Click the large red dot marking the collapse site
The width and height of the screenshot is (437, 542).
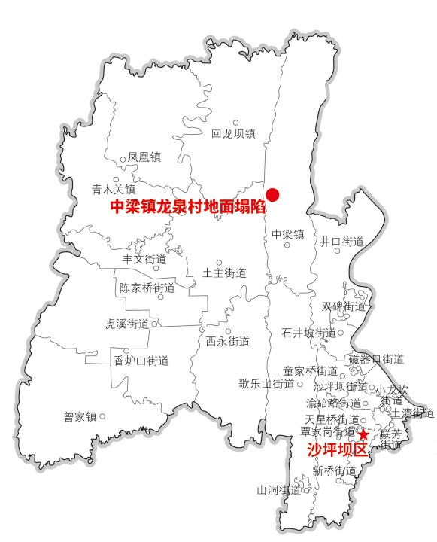click(273, 194)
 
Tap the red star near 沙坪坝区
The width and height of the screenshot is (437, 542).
click(363, 434)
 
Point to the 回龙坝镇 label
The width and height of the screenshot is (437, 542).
click(233, 134)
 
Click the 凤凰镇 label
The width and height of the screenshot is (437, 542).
click(144, 157)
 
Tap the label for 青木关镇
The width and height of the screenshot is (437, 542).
click(114, 189)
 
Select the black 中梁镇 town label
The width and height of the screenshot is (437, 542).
click(287, 234)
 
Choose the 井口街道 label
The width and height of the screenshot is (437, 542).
click(342, 242)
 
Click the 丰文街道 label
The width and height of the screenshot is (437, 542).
click(144, 259)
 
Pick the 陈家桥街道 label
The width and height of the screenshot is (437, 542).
click(147, 288)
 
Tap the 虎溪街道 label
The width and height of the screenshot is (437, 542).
click(128, 324)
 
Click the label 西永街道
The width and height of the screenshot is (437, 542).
click(228, 341)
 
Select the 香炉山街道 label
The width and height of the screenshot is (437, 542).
click(141, 361)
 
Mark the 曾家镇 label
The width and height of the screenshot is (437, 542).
click(81, 416)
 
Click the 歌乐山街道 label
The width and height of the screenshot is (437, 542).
click(267, 384)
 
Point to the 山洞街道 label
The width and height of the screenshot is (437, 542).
click(278, 490)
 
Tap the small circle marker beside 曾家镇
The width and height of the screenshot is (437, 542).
click(103, 416)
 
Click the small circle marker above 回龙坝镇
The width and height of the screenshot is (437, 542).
click(235, 122)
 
